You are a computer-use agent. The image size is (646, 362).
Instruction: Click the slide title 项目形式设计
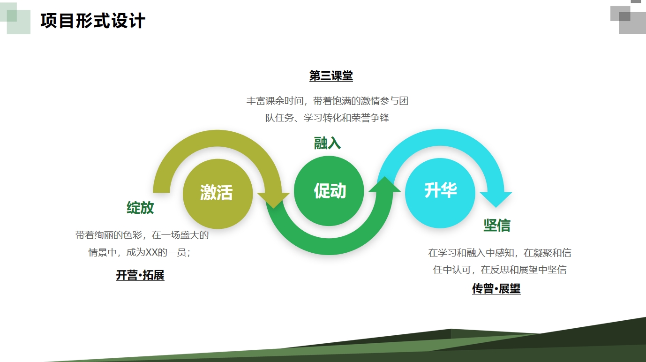(93, 21)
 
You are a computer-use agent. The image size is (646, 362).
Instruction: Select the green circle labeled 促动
(329, 191)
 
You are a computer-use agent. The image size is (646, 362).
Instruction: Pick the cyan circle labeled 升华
(440, 191)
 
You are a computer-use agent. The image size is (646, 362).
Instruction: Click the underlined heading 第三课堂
(331, 76)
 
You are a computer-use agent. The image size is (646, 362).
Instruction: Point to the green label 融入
(327, 143)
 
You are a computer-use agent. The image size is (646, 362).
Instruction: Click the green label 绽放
(140, 208)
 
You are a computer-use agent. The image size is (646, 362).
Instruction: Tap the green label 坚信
(496, 226)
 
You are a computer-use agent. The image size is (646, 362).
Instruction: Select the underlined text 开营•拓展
(140, 275)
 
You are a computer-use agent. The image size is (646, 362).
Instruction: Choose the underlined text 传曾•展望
(496, 289)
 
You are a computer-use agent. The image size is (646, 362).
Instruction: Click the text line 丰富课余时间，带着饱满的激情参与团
(327, 101)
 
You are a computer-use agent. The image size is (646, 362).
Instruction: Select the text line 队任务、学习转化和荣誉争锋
(327, 118)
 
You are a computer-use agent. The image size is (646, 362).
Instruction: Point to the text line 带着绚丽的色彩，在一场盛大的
(142, 235)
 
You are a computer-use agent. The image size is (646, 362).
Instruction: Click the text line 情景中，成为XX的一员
(140, 252)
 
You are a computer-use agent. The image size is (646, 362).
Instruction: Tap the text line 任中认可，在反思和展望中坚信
(500, 270)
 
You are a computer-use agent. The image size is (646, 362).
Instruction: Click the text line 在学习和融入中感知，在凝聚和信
(500, 253)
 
